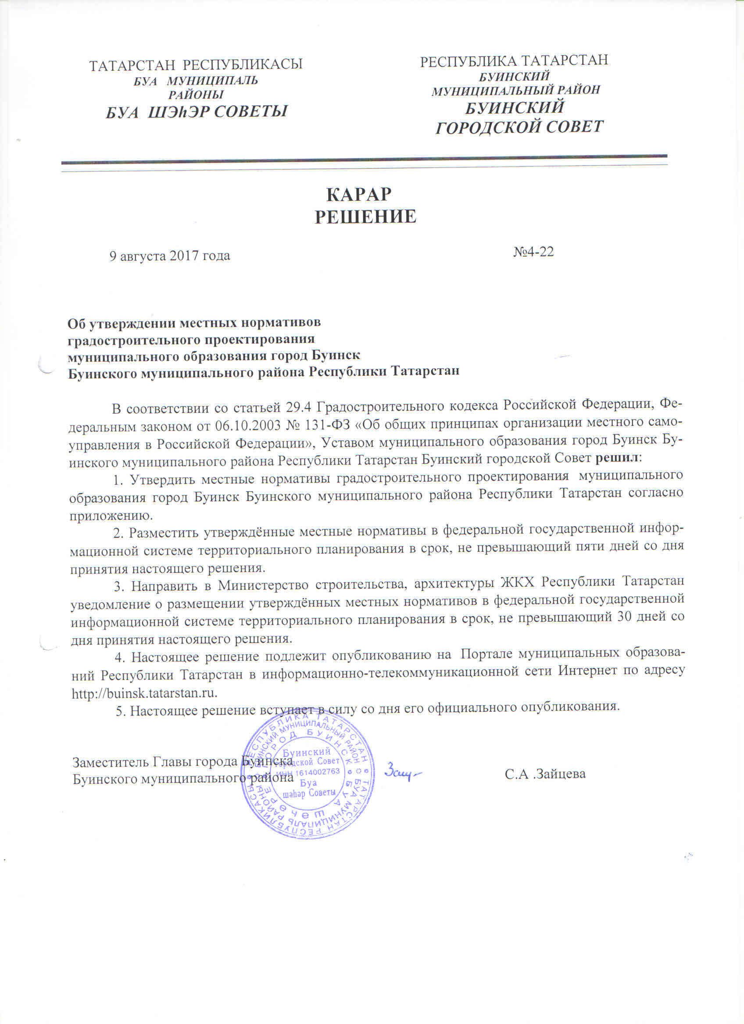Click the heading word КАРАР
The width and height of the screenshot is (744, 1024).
359,195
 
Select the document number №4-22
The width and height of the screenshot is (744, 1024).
533,252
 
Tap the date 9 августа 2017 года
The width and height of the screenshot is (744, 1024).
170,256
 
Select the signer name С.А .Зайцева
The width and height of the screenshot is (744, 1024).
545,774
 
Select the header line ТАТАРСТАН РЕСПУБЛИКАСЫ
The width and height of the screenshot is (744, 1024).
196,65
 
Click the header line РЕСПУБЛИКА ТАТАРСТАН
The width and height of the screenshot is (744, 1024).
514,61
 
